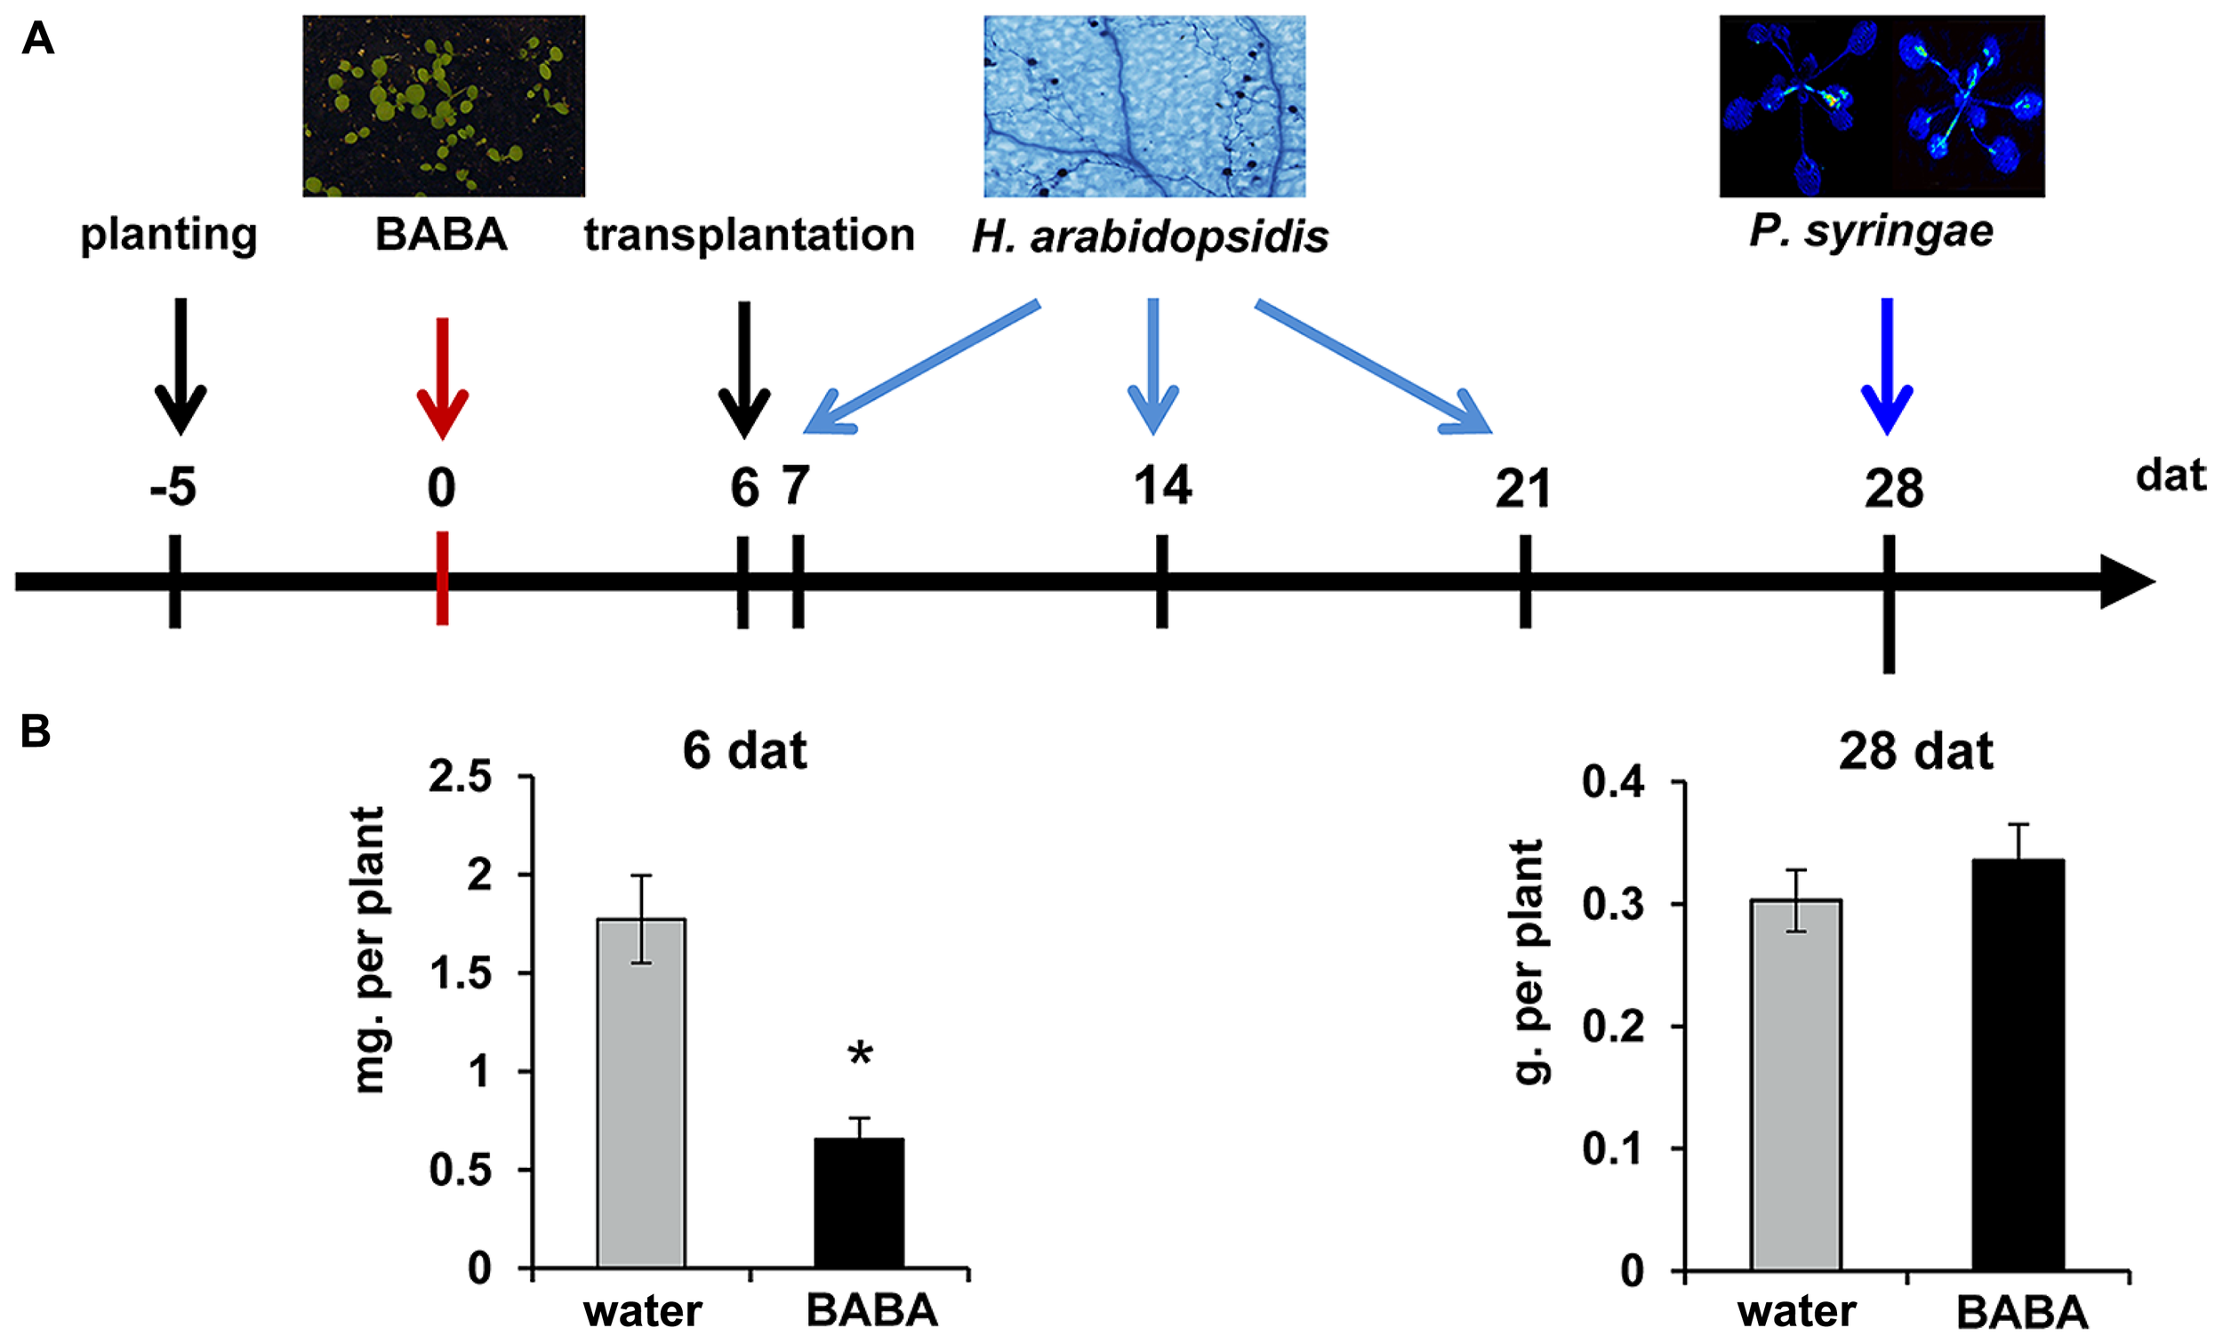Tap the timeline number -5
coord(173,488)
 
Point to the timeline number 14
coord(1162,485)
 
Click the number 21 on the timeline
coord(1523,488)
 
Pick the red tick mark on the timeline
coord(442,577)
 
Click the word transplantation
coord(749,235)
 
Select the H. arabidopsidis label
coord(1150,236)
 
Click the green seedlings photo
coord(443,106)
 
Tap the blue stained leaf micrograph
coord(1144,106)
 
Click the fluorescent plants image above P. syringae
coord(1881,106)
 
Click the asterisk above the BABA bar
coord(860,1053)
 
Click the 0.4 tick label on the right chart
coord(1612,781)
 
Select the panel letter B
coord(36,731)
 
